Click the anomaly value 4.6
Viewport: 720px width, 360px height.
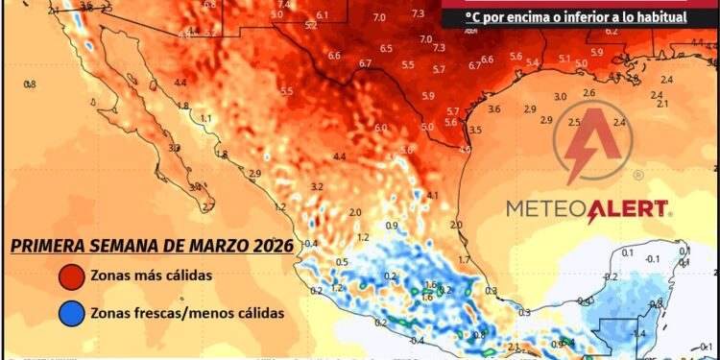[465, 149]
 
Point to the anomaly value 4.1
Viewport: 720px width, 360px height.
[432, 195]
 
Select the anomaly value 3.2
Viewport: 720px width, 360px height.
[317, 185]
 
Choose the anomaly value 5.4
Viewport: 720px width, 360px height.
[533, 62]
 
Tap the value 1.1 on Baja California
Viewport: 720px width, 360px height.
[206, 118]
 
